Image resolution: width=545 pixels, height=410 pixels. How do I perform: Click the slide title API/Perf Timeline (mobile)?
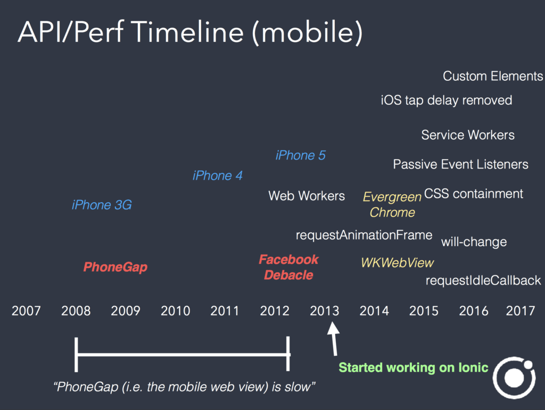(x=190, y=32)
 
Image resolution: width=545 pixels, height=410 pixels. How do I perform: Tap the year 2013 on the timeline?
(x=325, y=311)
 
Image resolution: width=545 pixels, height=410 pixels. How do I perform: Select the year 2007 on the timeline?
(x=26, y=311)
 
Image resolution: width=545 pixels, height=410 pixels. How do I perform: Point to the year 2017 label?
(x=520, y=311)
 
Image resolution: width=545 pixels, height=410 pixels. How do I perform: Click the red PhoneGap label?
(x=115, y=267)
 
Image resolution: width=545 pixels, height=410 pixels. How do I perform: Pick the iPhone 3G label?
(x=102, y=205)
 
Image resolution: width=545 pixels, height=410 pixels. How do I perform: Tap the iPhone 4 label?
(x=218, y=175)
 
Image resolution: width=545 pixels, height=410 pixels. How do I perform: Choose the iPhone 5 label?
(x=301, y=155)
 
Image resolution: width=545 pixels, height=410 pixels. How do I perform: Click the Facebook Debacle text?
(x=288, y=267)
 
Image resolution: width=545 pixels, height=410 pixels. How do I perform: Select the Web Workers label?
(x=307, y=196)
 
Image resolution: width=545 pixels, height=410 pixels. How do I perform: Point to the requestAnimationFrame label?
(x=364, y=235)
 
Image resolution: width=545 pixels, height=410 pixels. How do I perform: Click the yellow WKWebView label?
(x=397, y=263)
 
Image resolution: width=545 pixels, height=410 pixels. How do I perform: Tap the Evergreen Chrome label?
(x=392, y=205)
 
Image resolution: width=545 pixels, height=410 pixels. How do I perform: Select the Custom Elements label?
(x=493, y=76)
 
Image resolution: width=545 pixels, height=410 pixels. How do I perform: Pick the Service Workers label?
(x=468, y=135)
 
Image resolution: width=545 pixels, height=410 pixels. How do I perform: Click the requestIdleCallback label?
(x=483, y=280)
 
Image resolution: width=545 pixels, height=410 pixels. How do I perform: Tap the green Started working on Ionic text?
(x=414, y=367)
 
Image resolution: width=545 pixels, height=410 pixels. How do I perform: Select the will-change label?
(x=474, y=242)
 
